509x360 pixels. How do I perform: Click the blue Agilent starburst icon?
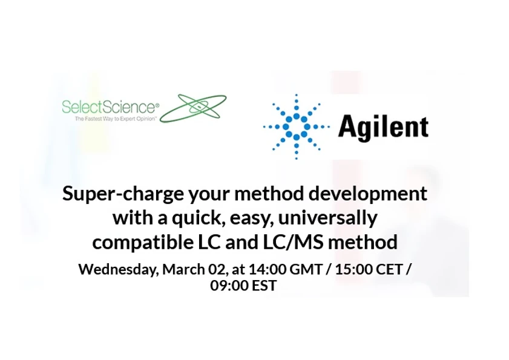297,126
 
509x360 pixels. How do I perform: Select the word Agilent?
383,127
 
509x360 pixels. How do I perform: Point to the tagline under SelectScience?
115,119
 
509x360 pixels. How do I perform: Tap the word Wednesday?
117,269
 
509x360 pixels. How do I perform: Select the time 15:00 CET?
369,269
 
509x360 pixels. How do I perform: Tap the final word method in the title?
369,242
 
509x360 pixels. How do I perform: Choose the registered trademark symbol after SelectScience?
157,105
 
